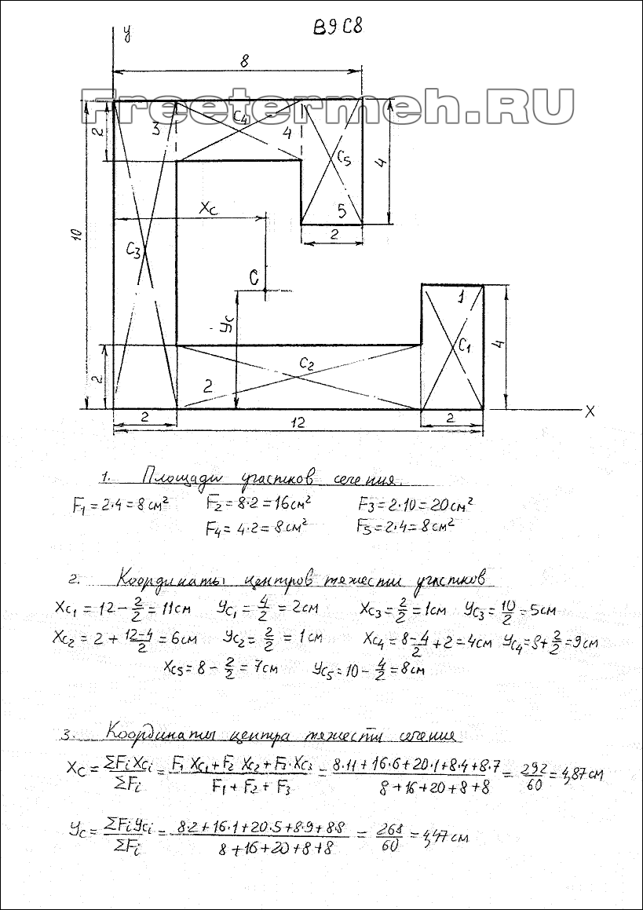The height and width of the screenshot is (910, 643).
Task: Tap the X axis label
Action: pyautogui.click(x=590, y=410)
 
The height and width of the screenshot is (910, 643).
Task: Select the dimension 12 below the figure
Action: pyautogui.click(x=297, y=423)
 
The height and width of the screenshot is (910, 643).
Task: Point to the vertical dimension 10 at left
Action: pyautogui.click(x=75, y=236)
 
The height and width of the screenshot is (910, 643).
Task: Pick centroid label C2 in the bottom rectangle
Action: pyautogui.click(x=306, y=363)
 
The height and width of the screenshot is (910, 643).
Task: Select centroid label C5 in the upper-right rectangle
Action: pyautogui.click(x=343, y=158)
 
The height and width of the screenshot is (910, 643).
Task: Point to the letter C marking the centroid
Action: pyautogui.click(x=253, y=276)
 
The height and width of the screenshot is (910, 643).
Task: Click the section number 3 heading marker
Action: pyautogui.click(x=68, y=736)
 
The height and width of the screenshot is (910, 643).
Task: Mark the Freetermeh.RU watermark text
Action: pyautogui.click(x=327, y=108)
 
